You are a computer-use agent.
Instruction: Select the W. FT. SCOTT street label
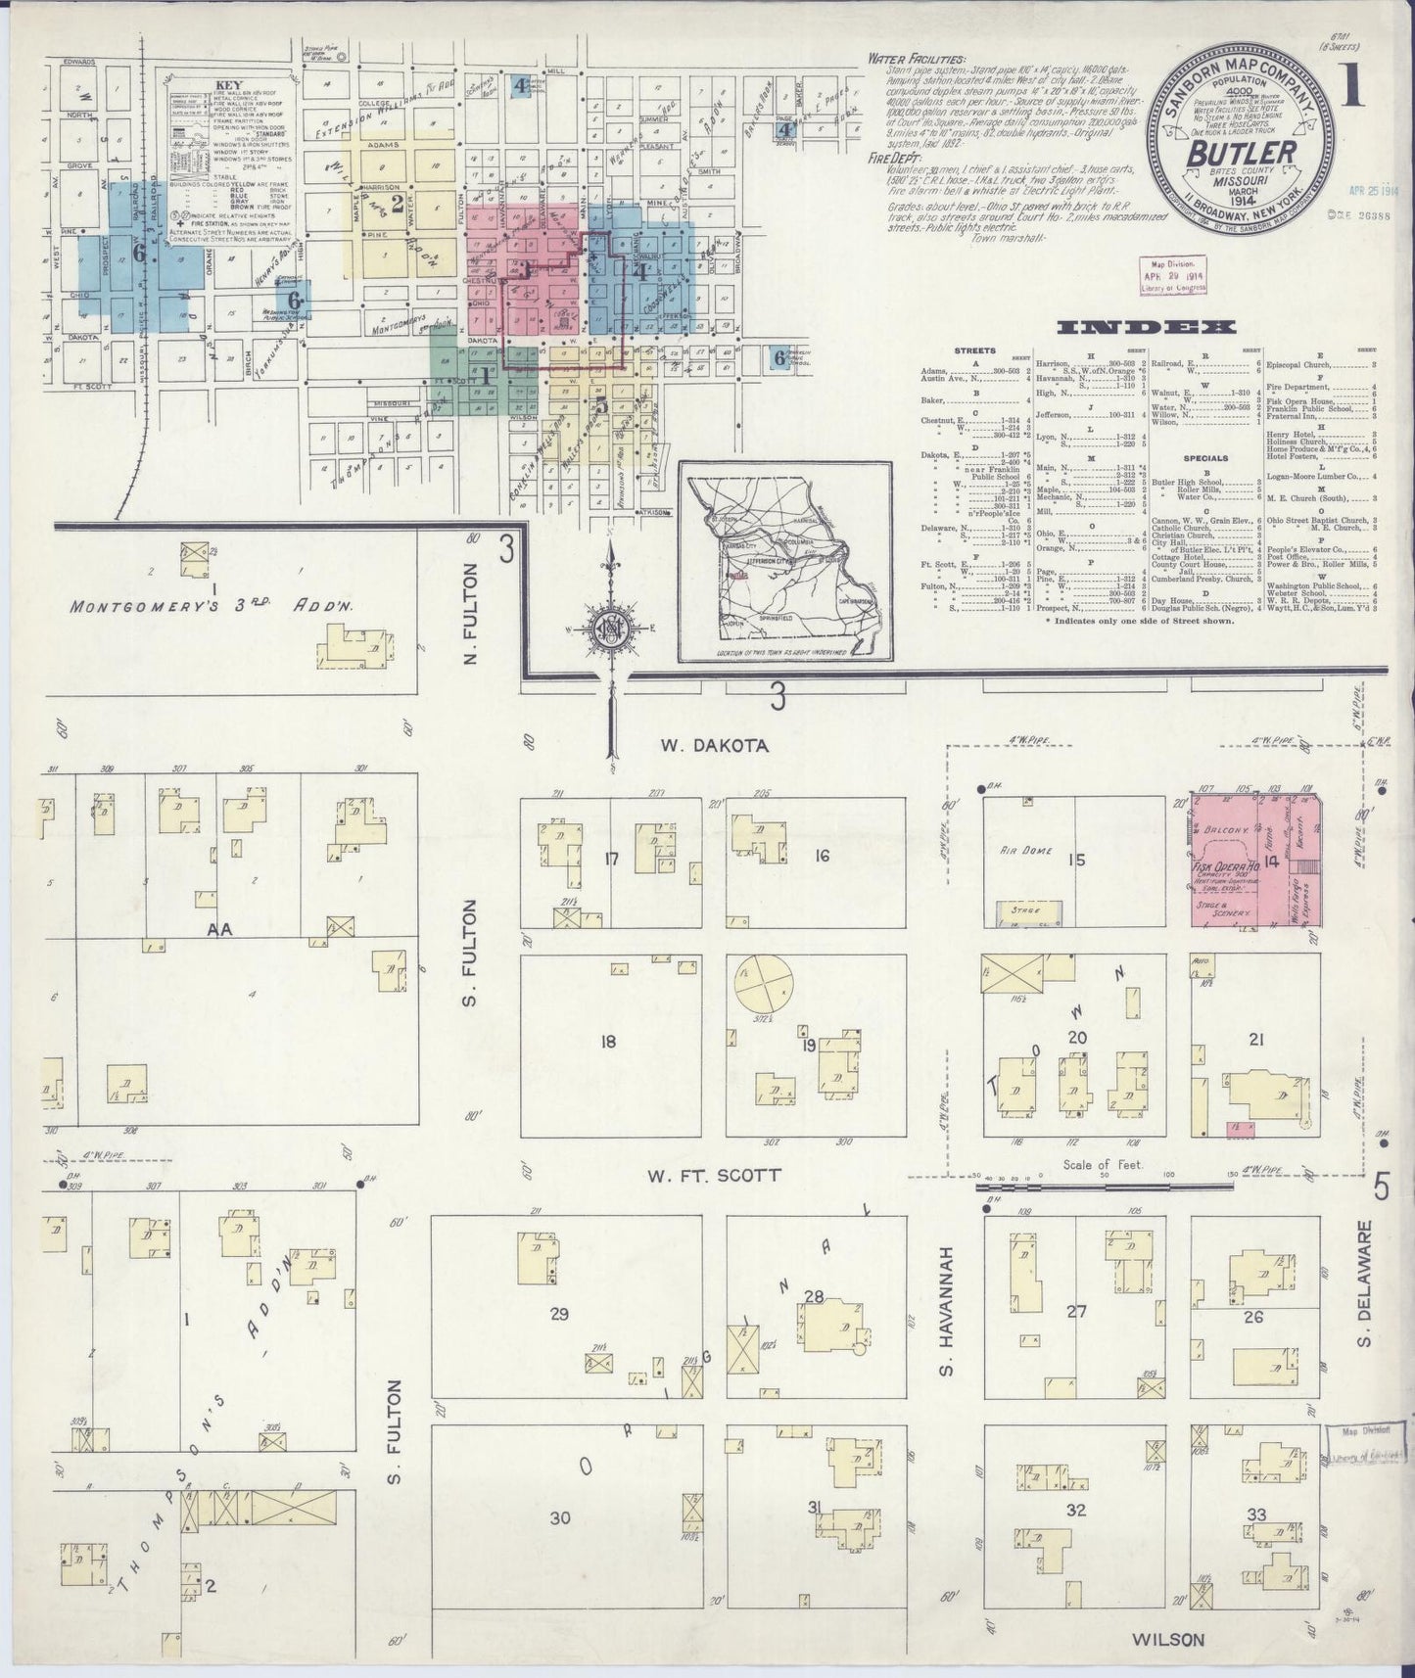coord(713,1175)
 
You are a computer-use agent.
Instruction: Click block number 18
coord(609,1040)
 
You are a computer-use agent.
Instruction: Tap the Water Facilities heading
coord(916,59)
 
